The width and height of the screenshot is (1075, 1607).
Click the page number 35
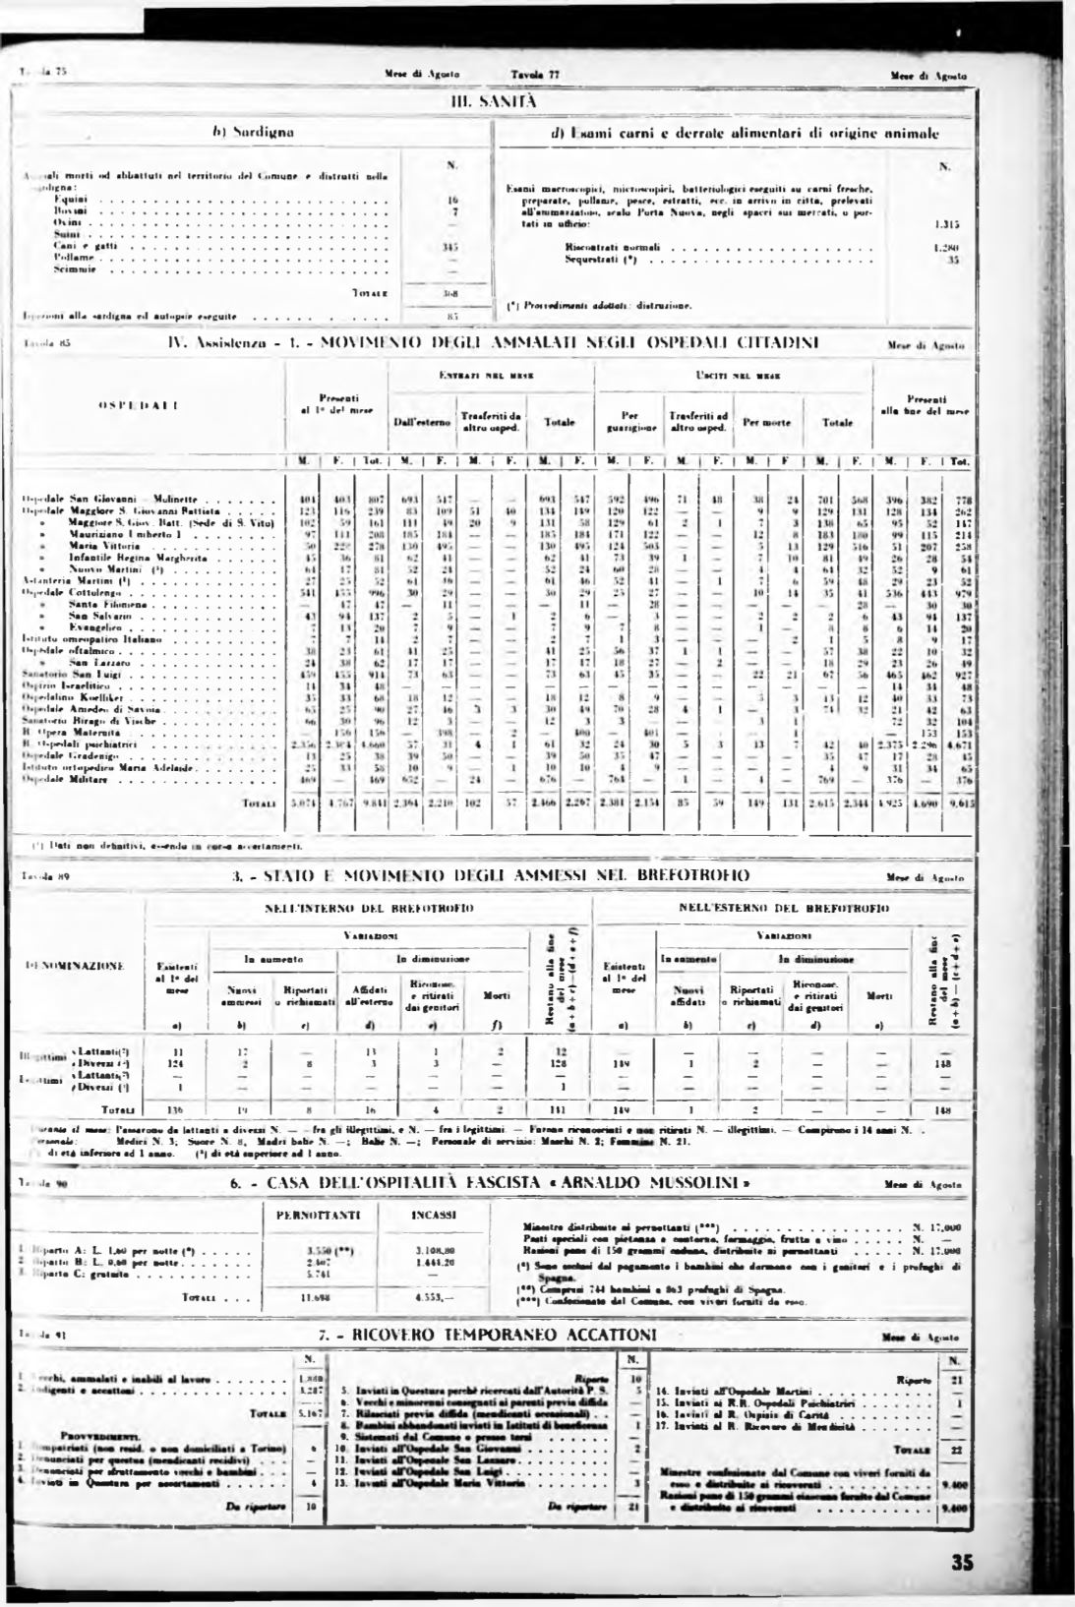click(x=963, y=1562)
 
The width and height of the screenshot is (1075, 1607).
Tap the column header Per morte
click(x=761, y=422)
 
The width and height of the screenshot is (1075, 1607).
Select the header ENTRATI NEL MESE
click(x=484, y=376)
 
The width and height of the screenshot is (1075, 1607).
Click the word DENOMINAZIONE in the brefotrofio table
click(x=73, y=967)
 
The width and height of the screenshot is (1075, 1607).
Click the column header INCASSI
click(x=431, y=1216)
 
